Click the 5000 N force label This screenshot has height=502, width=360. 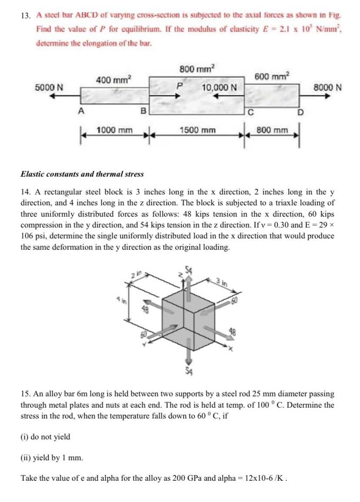pyautogui.click(x=49, y=87)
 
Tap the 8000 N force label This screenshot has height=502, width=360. pyautogui.click(x=327, y=87)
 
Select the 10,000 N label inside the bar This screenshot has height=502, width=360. pyautogui.click(x=219, y=87)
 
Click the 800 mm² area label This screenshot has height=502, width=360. pyautogui.click(x=197, y=69)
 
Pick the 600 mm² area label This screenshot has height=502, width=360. pyautogui.click(x=272, y=76)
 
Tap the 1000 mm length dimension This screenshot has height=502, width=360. pyautogui.click(x=114, y=130)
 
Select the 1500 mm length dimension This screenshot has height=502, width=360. pyautogui.click(x=197, y=130)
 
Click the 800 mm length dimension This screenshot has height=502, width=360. pyautogui.click(x=272, y=130)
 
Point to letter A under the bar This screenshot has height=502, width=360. pyautogui.click(x=80, y=111)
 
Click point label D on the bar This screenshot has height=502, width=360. pyautogui.click(x=300, y=114)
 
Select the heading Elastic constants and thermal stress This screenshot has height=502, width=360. pyautogui.click(x=82, y=174)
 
